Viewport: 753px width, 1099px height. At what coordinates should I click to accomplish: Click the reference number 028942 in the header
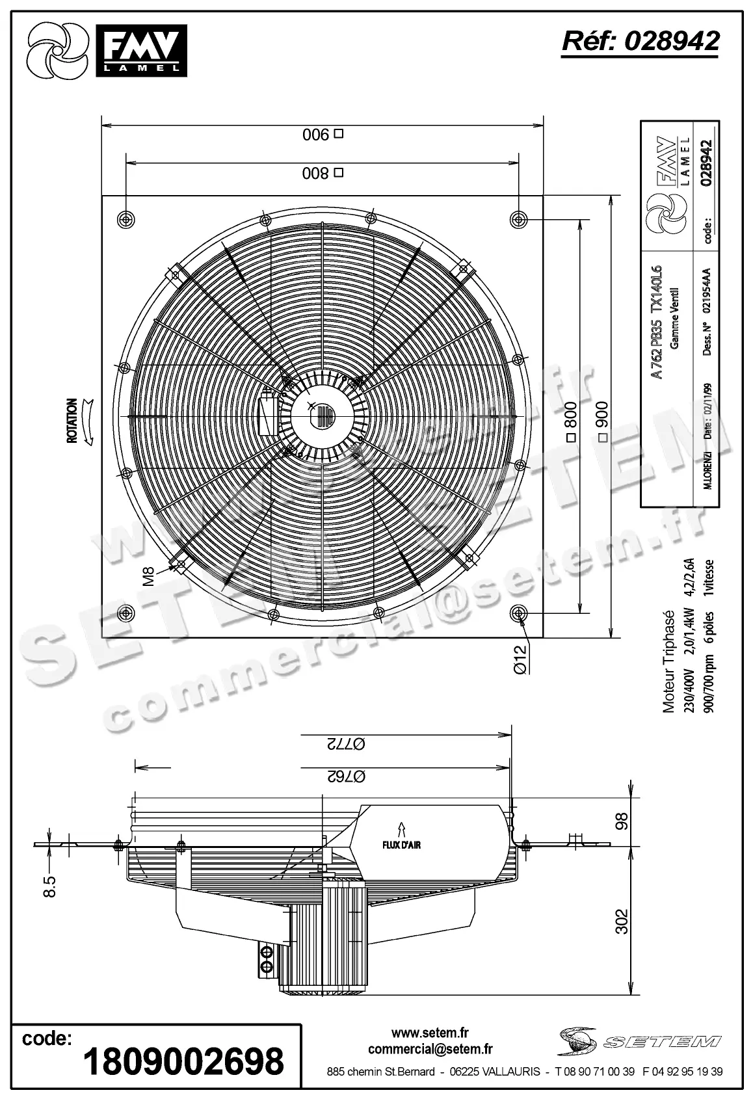click(x=641, y=40)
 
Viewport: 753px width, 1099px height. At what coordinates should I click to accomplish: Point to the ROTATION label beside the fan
click(x=72, y=421)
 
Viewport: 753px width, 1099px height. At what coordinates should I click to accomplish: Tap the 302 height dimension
click(x=622, y=921)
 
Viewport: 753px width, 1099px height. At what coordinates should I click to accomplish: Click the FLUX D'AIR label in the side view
click(x=401, y=844)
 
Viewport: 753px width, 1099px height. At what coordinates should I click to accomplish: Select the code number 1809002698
click(x=184, y=1061)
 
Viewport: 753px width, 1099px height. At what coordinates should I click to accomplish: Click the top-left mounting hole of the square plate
click(x=125, y=219)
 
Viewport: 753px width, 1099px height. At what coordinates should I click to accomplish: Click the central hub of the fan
click(x=323, y=416)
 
